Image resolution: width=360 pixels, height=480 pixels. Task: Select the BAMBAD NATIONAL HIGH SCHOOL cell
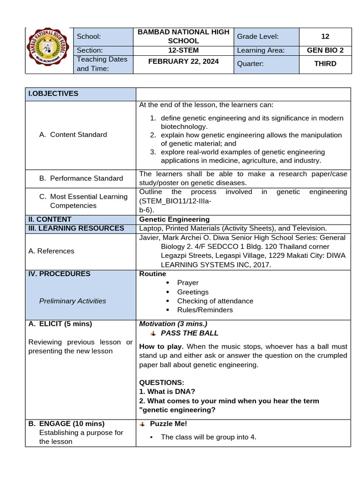183,36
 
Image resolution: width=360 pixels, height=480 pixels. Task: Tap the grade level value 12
325,36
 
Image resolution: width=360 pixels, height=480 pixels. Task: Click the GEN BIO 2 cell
325,50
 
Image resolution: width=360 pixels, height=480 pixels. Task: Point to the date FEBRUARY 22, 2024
183,61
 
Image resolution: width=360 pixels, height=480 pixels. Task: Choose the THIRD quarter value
325,63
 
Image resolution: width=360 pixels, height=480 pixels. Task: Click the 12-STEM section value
183,50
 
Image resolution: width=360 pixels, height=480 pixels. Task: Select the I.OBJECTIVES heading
53,93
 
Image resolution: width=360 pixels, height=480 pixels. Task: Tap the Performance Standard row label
81,178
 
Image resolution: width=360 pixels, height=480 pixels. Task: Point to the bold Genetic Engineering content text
174,219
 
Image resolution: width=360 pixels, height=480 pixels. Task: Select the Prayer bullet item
187,283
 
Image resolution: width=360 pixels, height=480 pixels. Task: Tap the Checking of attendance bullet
215,301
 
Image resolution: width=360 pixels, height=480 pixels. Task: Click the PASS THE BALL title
189,333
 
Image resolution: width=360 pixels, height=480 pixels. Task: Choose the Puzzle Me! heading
168,424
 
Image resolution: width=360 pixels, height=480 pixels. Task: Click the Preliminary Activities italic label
73,301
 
